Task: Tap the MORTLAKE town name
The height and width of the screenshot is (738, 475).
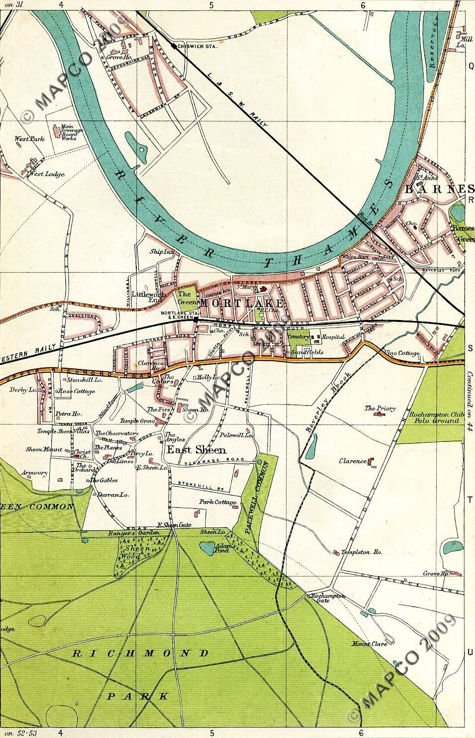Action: click(241, 304)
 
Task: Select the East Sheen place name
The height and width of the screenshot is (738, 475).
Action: click(195, 449)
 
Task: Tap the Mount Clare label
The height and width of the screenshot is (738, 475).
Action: click(369, 644)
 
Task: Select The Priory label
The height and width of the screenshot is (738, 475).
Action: click(380, 409)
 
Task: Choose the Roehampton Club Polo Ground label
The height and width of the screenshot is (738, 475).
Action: click(435, 417)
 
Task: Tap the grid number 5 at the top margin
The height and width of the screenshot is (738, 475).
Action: click(211, 5)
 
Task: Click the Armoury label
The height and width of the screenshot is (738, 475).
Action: click(34, 473)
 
